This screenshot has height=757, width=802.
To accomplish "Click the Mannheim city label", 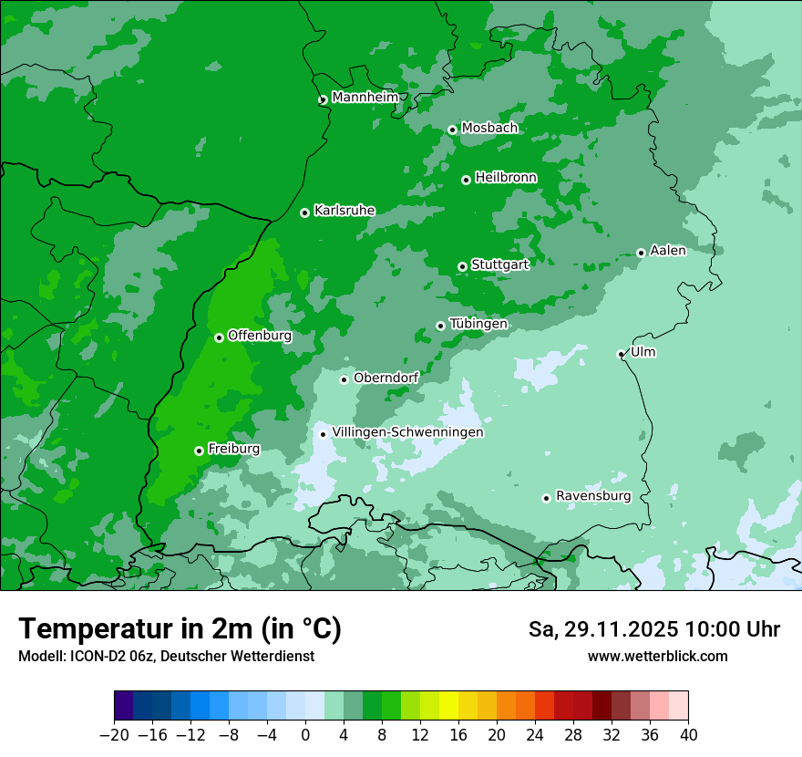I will pyautogui.click(x=365, y=98).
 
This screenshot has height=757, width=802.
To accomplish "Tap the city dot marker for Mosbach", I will pyautogui.click(x=452, y=130).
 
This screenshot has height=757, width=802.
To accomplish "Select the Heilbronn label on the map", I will pyautogui.click(x=506, y=178).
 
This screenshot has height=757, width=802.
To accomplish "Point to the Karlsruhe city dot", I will pyautogui.click(x=304, y=213).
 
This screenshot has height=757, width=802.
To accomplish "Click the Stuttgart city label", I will pyautogui.click(x=499, y=264).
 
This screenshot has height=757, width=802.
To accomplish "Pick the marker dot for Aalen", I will pyautogui.click(x=641, y=253).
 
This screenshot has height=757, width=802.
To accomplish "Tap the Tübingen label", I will pyautogui.click(x=478, y=324).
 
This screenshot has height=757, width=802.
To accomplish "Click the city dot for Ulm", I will pyautogui.click(x=621, y=354).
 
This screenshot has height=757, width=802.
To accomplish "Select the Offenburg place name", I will pyautogui.click(x=260, y=336).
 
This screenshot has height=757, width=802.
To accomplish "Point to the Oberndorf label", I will pyautogui.click(x=386, y=378).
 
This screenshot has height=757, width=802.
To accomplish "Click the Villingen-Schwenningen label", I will pyautogui.click(x=407, y=432).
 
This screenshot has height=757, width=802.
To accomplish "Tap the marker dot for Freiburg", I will pyautogui.click(x=199, y=451).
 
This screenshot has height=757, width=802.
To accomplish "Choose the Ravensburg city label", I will pyautogui.click(x=593, y=496).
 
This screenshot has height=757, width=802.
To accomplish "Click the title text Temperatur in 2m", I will pyautogui.click(x=180, y=628).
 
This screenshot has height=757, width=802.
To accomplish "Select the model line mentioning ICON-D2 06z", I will pyautogui.click(x=166, y=656).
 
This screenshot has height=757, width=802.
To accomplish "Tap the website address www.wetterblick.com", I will pyautogui.click(x=657, y=656).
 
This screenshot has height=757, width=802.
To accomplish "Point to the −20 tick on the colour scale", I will pyautogui.click(x=114, y=735).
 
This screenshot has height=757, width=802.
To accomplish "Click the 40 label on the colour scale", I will pyautogui.click(x=688, y=735).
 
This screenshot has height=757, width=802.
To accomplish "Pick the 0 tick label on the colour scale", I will pyautogui.click(x=305, y=735).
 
